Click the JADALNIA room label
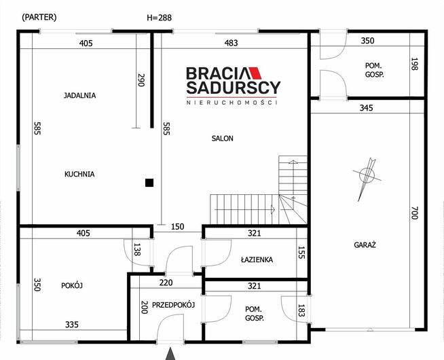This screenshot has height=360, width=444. [x=79, y=95]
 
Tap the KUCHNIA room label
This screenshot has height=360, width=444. [x=79, y=174]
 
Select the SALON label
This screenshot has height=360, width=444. [x=222, y=138]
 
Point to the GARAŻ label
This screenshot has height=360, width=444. [x=365, y=245]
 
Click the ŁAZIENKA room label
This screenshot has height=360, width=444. [x=257, y=259]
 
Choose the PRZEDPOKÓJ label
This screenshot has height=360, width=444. [x=173, y=305]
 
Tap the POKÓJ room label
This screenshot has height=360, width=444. [x=72, y=285]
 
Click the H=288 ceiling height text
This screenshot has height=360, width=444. [x=159, y=18]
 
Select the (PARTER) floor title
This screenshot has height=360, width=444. [x=39, y=17]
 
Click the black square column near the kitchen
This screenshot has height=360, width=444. [x=149, y=183]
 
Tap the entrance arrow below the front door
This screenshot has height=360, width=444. [x=170, y=354]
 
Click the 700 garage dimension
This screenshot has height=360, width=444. [x=414, y=213]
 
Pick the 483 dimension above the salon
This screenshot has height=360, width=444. [x=231, y=43]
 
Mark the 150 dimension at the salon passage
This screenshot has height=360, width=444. [x=178, y=227]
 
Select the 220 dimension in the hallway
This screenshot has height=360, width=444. [x=166, y=283]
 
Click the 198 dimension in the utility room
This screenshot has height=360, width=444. [x=414, y=64]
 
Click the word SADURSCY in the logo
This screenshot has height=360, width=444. [x=234, y=88]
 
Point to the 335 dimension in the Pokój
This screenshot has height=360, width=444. [x=72, y=324]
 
